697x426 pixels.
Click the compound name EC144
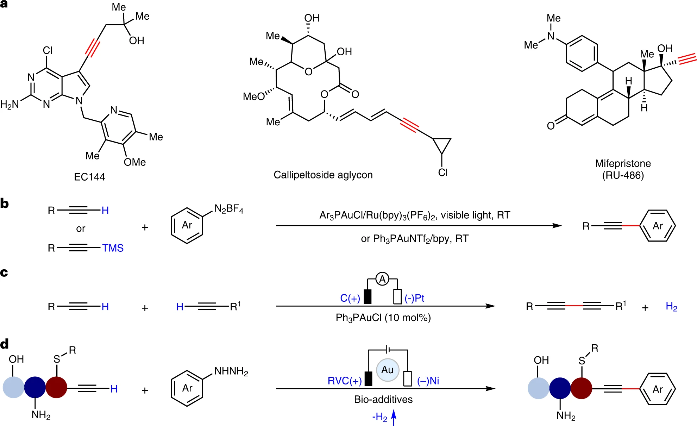click(89, 177)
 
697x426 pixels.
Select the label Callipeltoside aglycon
click(323, 175)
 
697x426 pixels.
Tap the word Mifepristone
click(623, 163)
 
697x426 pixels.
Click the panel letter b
click(5, 203)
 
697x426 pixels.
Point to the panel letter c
click(4, 272)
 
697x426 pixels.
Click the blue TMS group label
click(113, 248)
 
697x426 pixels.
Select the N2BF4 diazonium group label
click(229, 209)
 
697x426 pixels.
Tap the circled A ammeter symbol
click(382, 280)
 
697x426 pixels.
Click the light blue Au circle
click(388, 370)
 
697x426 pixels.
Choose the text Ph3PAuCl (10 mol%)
click(383, 318)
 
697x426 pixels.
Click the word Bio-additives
click(383, 399)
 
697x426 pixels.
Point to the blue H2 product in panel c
click(671, 307)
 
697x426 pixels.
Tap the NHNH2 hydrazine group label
click(231, 371)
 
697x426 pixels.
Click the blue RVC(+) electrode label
click(344, 381)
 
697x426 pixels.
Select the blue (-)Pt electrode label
click(414, 299)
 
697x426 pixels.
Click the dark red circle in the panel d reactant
click(56, 387)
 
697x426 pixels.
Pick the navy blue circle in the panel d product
click(560, 389)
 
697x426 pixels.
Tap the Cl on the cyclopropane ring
click(443, 173)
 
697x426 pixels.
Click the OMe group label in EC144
click(134, 162)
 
